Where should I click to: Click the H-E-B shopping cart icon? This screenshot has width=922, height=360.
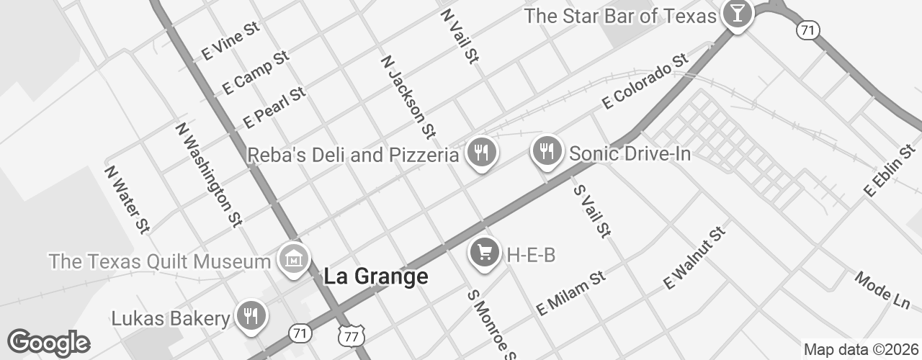click(485, 252)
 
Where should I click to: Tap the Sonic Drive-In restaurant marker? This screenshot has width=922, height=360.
click(547, 150)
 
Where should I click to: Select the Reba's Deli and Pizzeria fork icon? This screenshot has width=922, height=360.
click(480, 152)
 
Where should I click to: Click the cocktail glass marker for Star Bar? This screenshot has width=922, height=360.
click(737, 13)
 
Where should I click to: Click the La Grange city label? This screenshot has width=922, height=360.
click(375, 276)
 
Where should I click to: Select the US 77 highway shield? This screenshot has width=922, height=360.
click(352, 336)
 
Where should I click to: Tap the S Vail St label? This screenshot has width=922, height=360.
click(592, 210)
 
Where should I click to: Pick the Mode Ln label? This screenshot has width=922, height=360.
click(882, 291)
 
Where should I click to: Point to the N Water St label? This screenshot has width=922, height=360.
click(127, 199)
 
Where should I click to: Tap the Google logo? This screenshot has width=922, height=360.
click(48, 343)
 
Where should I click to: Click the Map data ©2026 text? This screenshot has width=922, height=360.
click(860, 349)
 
